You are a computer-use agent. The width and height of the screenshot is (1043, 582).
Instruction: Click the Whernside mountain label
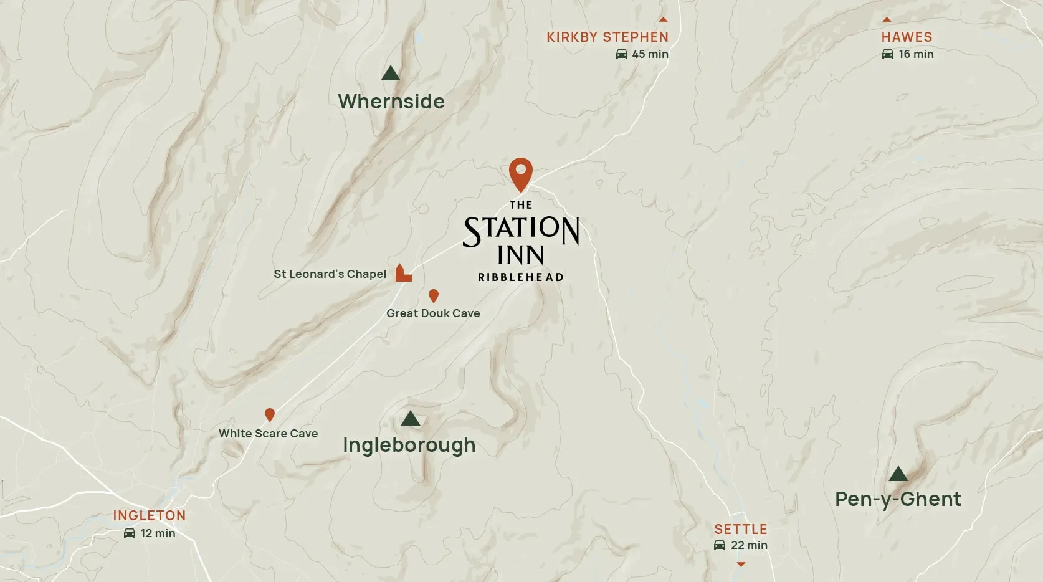point(391,102)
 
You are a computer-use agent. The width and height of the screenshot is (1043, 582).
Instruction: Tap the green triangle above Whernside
point(391,74)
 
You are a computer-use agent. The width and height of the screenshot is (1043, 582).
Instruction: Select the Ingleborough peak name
point(409,445)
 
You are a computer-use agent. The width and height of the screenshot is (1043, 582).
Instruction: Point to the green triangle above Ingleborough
point(410,419)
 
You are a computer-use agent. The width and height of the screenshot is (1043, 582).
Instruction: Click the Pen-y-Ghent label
point(898,499)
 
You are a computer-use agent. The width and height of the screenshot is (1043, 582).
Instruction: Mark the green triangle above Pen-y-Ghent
point(898,474)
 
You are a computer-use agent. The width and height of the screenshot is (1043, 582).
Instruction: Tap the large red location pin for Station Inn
point(521,174)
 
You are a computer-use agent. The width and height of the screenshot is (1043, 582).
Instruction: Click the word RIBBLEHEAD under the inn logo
point(521,277)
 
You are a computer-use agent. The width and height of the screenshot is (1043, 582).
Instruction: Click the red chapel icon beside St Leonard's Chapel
point(403,274)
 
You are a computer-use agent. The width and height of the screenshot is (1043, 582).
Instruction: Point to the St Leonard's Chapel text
point(330,274)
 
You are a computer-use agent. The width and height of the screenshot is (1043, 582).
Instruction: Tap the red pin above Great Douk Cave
point(434,295)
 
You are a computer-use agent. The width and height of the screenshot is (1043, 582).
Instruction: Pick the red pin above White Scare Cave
point(270,414)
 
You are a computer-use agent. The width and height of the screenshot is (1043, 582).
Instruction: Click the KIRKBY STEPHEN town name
point(607,37)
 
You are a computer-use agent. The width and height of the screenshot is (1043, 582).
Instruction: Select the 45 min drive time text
point(650,54)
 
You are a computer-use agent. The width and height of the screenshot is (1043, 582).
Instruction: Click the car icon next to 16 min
point(888,54)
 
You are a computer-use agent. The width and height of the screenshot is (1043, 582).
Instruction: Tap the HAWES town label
point(907,37)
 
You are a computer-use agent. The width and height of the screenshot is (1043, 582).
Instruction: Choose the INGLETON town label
point(150,516)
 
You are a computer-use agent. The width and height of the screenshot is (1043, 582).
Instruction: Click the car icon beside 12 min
point(130,533)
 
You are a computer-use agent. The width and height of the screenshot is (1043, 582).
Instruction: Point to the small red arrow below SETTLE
point(741,564)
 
